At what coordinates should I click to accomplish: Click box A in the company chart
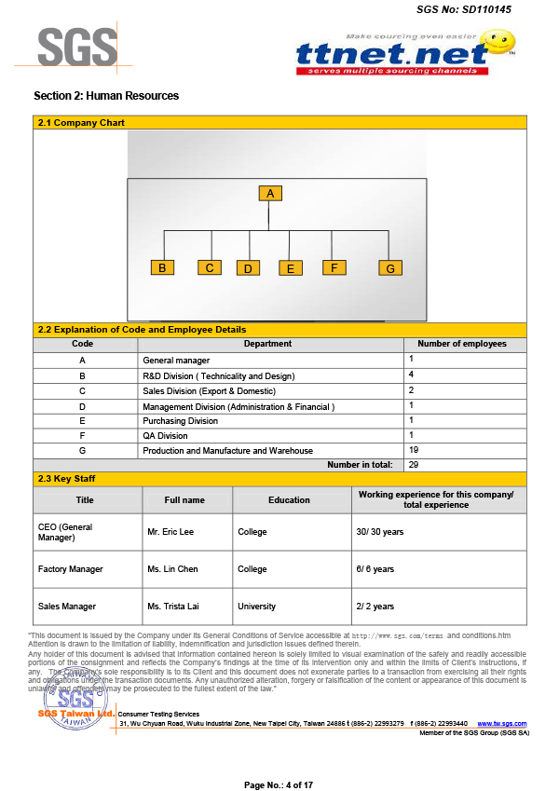(270, 194)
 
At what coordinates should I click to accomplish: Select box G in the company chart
(390, 268)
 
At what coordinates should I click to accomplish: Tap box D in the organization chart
(248, 268)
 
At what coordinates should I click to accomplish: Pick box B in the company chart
(162, 267)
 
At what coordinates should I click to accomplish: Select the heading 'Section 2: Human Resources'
(106, 96)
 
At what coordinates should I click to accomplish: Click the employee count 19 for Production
(414, 450)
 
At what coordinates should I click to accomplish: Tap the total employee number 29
(414, 464)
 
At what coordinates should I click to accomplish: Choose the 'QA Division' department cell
(165, 435)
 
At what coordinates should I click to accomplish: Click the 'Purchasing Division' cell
(180, 420)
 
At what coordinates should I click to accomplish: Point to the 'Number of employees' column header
(462, 344)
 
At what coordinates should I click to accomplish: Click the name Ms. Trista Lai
(173, 607)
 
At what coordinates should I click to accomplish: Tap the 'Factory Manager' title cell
(71, 569)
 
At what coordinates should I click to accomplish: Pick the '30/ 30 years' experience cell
(380, 532)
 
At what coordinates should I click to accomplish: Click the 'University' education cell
(257, 607)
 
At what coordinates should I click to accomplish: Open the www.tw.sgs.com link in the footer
(502, 723)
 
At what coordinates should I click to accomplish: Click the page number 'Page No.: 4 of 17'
(279, 784)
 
